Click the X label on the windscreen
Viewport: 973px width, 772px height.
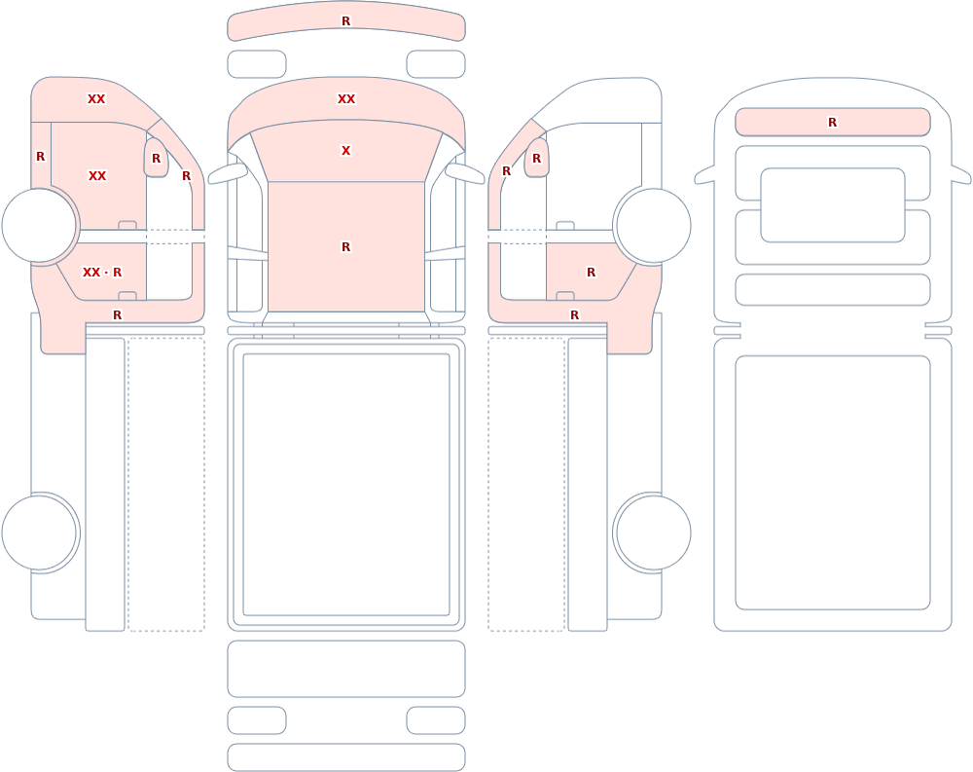click(346, 150)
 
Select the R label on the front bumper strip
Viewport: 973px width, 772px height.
click(346, 21)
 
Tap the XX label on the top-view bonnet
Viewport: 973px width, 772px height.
click(346, 98)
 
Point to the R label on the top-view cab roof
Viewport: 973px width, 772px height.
click(346, 247)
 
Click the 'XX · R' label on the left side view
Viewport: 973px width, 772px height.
click(102, 272)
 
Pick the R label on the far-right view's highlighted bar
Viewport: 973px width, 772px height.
click(833, 123)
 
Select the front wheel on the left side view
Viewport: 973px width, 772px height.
click(40, 226)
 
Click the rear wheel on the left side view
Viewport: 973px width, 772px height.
click(40, 533)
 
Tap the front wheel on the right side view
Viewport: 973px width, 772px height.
click(653, 226)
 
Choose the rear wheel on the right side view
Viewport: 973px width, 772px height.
click(653, 533)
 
